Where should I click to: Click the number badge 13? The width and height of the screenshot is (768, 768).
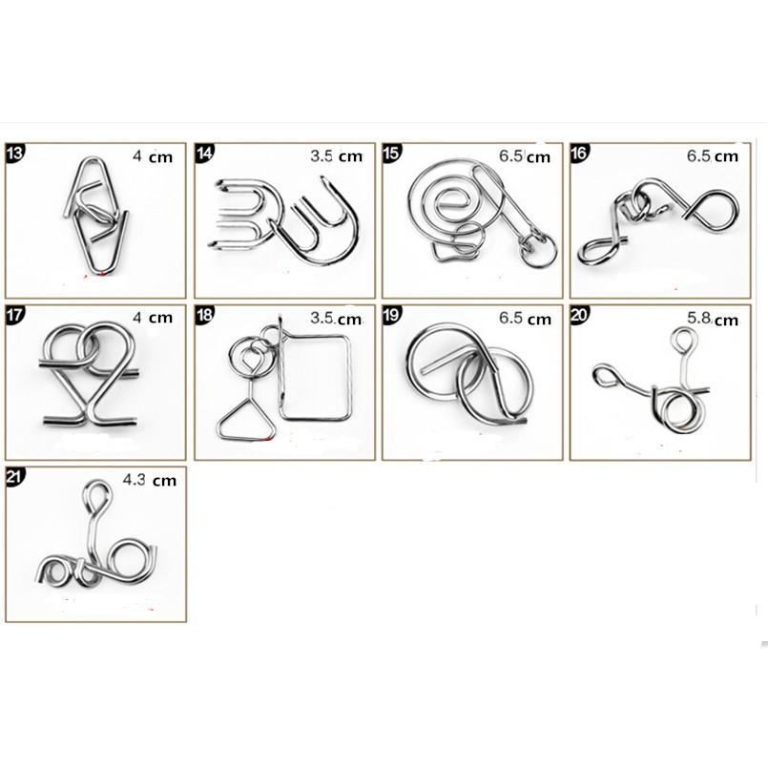tap(14, 153)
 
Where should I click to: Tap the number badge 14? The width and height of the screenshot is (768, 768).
tap(204, 153)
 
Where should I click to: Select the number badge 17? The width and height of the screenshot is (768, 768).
tap(14, 315)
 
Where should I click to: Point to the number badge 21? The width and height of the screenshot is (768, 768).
tap(14, 476)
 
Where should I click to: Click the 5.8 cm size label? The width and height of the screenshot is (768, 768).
tap(712, 319)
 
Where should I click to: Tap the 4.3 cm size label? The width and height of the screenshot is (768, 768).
tap(150, 480)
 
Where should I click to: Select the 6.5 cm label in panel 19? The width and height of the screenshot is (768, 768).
tap(525, 319)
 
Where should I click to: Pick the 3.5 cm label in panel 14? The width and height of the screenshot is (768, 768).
tap(336, 156)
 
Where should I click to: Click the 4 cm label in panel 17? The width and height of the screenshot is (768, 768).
tap(153, 318)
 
